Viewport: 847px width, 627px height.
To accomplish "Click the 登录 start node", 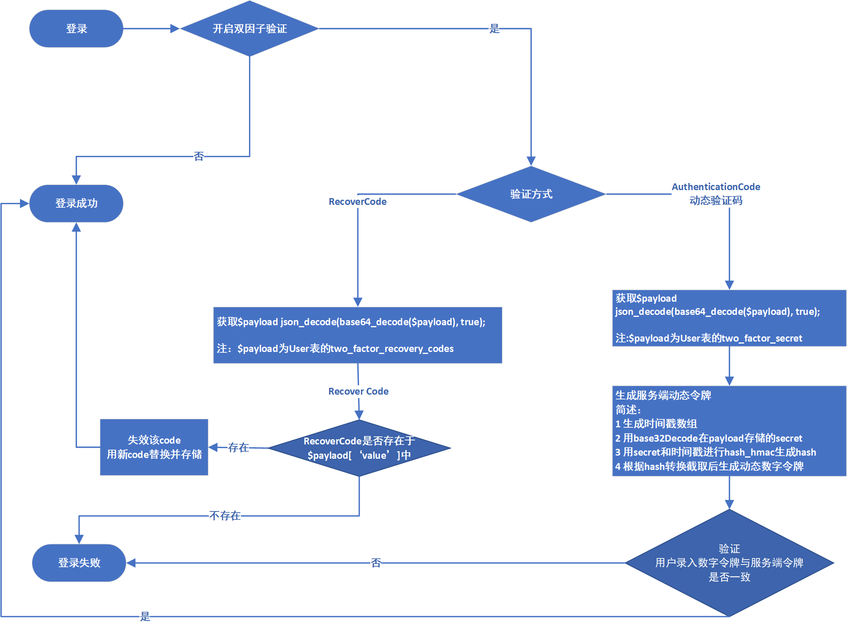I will (76, 29).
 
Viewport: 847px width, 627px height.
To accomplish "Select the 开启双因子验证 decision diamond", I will (249, 29).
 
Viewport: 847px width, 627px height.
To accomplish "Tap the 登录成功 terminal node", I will (76, 203).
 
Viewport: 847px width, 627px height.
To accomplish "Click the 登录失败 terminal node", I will (79, 562).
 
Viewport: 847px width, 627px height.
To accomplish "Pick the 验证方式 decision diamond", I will (531, 194).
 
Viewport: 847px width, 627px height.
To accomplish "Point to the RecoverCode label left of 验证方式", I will (357, 202).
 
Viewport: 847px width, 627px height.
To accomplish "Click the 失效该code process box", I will (154, 447).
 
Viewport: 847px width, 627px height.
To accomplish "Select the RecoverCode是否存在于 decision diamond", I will (359, 448).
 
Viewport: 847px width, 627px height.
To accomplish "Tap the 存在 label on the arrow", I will (238, 448).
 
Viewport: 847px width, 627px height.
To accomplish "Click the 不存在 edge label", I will (225, 516).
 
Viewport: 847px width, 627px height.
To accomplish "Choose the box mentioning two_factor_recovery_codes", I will (357, 335).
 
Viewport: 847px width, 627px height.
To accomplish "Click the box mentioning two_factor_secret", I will (729, 318).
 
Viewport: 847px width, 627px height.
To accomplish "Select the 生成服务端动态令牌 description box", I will (729, 430).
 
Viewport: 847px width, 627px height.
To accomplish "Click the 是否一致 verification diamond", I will (729, 562).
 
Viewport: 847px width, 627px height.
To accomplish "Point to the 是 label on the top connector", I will (494, 29).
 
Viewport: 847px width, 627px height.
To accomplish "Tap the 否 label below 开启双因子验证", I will (198, 156).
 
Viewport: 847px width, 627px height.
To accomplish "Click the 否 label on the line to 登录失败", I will (376, 563).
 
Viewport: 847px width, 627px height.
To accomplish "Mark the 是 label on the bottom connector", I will (145, 617).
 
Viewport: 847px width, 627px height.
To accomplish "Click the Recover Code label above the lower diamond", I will (358, 391).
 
